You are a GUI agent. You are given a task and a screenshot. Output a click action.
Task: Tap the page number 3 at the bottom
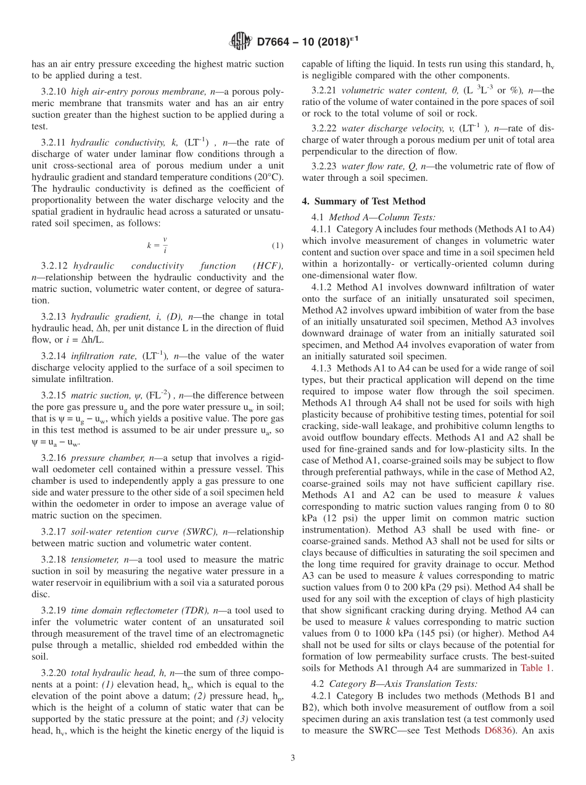[x=293, y=758]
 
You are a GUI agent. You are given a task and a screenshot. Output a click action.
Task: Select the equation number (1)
[x=277, y=246]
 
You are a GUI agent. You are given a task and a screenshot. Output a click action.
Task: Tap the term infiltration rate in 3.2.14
[x=104, y=355]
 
